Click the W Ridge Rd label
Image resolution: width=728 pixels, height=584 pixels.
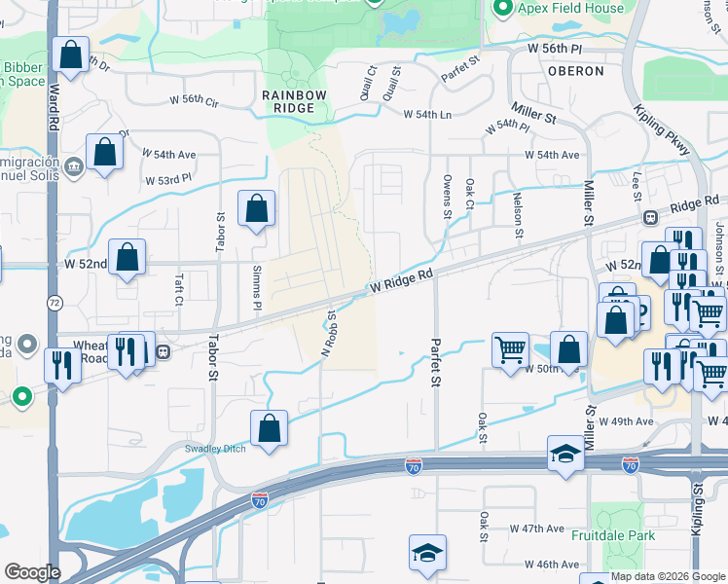pyautogui.click(x=399, y=283)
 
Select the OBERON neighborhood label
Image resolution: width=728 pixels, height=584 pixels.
pyautogui.click(x=575, y=71)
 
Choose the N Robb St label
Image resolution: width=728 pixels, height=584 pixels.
pyautogui.click(x=331, y=333)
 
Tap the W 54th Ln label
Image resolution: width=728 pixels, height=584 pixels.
pyautogui.click(x=428, y=114)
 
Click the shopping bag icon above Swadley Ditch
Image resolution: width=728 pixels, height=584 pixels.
pyautogui.click(x=269, y=427)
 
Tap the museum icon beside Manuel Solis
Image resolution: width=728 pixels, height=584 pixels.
pyautogui.click(x=74, y=170)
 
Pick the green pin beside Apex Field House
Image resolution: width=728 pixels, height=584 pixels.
pyautogui.click(x=502, y=10)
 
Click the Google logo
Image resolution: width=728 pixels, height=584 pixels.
pyautogui.click(x=32, y=572)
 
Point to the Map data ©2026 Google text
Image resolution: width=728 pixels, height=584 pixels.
pyautogui.click(x=668, y=576)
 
